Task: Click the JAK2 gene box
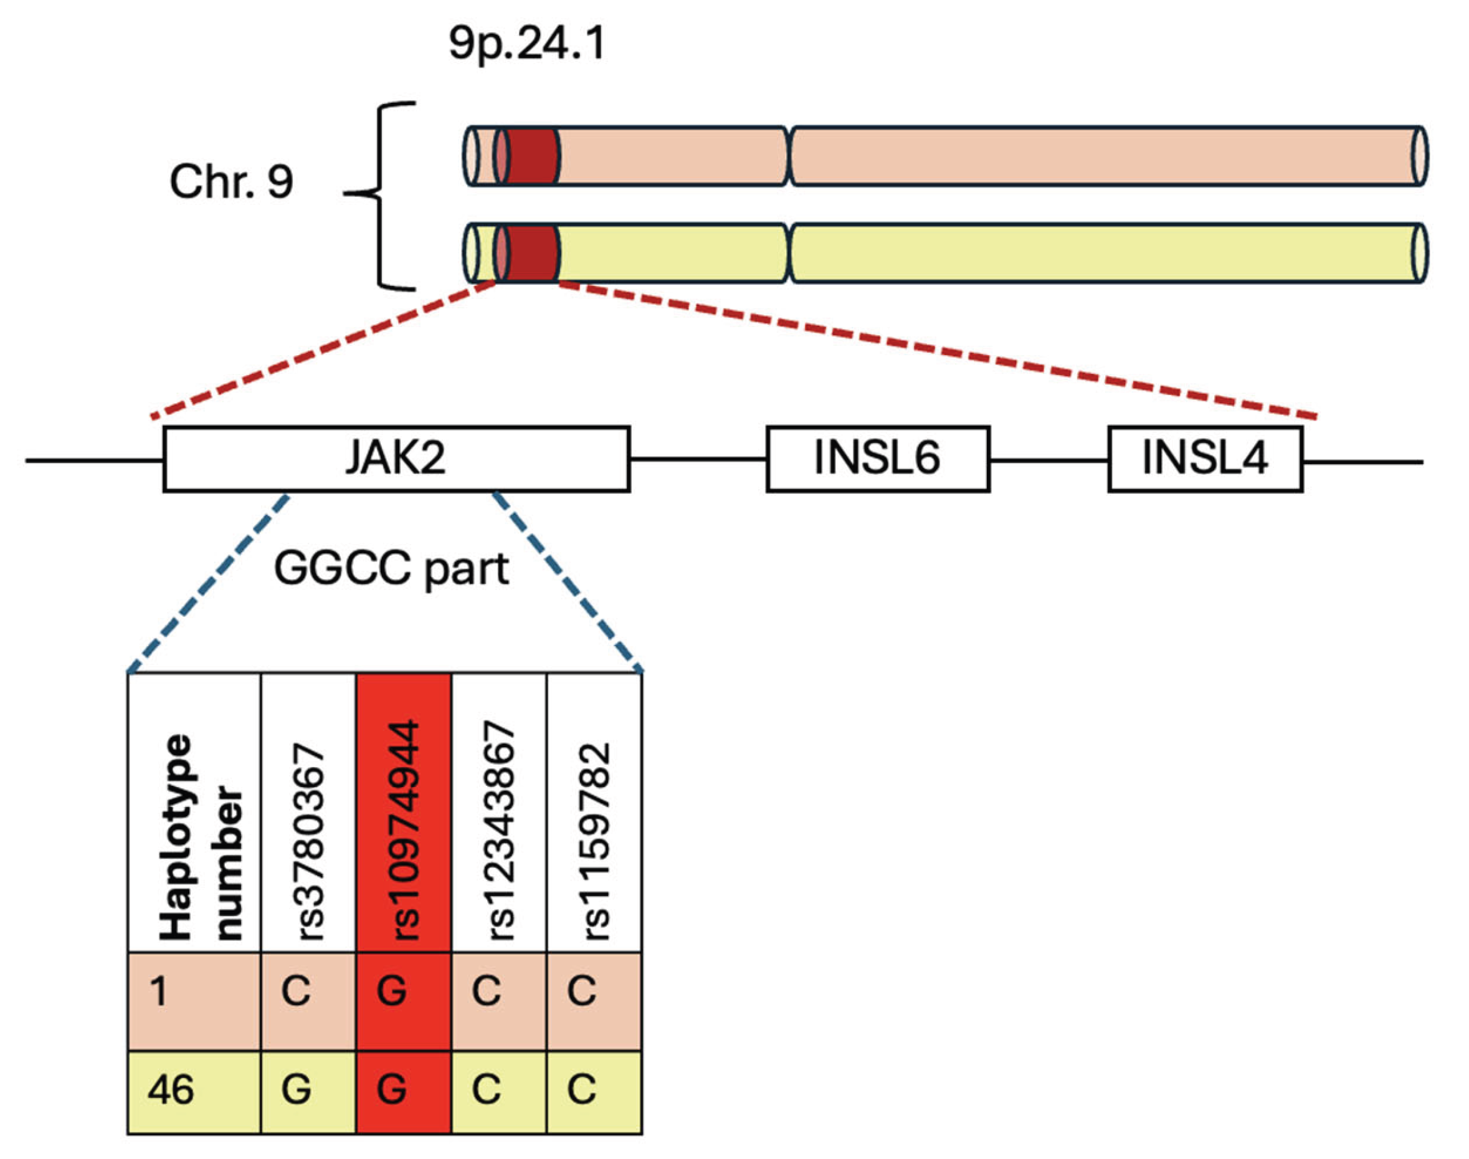(396, 459)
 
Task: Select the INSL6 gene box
(877, 459)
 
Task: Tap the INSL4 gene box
(1204, 459)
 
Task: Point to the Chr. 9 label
(231, 182)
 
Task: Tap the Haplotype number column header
(194, 813)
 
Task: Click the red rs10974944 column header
(403, 813)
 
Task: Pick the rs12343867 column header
(499, 813)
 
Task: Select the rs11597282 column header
(594, 813)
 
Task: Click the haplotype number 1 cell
(194, 1001)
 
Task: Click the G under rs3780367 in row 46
(297, 1090)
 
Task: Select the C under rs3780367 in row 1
(297, 991)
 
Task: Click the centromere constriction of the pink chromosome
(790, 155)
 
